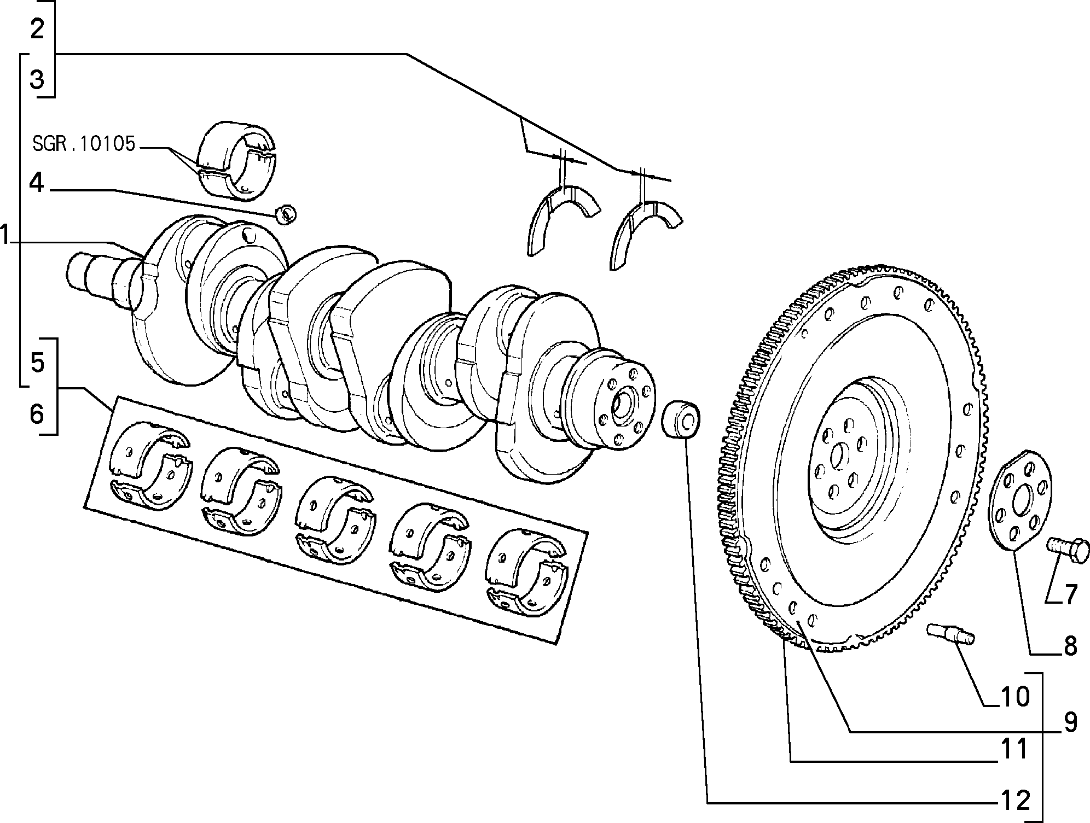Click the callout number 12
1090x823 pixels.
pyautogui.click(x=1015, y=801)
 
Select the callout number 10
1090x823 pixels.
pyautogui.click(x=1015, y=697)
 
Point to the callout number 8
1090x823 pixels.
pyautogui.click(x=1070, y=646)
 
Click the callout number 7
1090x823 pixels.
pyautogui.click(x=1070, y=594)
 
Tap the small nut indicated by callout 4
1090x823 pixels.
pyautogui.click(x=286, y=214)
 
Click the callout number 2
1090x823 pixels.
pyautogui.click(x=37, y=28)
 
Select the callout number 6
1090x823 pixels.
pyautogui.click(x=37, y=413)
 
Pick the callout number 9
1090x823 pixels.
pyautogui.click(x=1070, y=723)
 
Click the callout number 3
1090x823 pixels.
pyautogui.click(x=37, y=80)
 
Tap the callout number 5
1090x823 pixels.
pyautogui.click(x=37, y=362)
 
